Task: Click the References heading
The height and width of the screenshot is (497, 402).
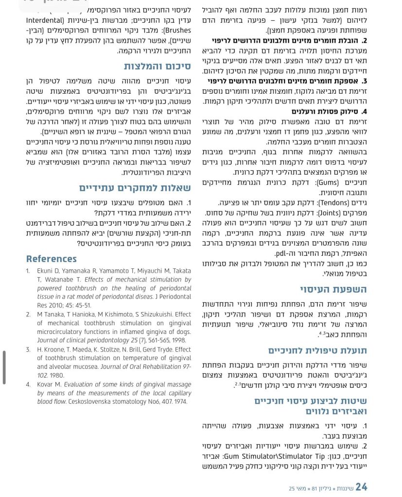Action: click(x=52, y=259)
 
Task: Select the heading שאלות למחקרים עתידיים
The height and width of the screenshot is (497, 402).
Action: click(x=135, y=188)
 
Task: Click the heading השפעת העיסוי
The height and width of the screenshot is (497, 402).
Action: click(x=333, y=289)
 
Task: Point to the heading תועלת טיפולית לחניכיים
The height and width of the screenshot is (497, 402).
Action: click(x=317, y=350)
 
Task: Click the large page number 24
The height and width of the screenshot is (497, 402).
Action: click(x=361, y=487)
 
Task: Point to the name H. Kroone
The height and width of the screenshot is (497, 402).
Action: click(x=54, y=349)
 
